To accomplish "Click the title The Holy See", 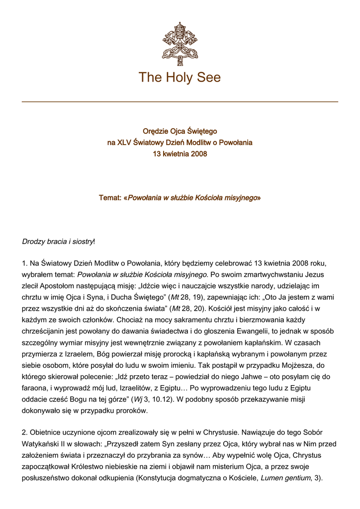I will tap(180, 78).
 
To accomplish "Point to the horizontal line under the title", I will tap(180, 102).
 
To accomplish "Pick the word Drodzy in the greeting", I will tap(34, 242).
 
